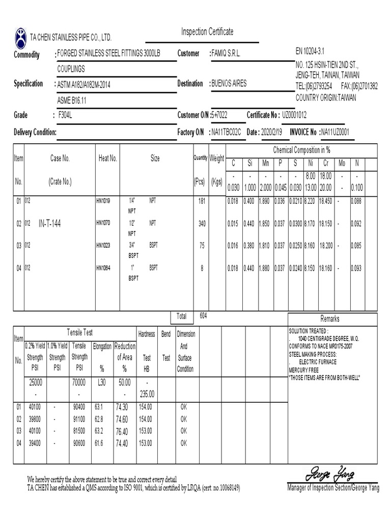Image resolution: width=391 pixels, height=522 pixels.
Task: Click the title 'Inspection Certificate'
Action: click(207, 32)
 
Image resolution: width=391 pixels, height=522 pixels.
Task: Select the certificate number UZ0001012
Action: click(294, 115)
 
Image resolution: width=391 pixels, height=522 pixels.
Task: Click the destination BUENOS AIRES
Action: click(229, 84)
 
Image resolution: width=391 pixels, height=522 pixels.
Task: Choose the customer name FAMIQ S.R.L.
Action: click(227, 54)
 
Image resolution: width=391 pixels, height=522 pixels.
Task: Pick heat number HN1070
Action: click(104, 223)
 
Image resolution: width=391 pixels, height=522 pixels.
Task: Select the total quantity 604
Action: click(203, 316)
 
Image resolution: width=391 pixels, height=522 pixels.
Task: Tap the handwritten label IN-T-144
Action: click(50, 224)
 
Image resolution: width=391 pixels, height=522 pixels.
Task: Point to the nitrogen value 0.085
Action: click(357, 246)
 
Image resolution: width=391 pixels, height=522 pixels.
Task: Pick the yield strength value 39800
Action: click(34, 419)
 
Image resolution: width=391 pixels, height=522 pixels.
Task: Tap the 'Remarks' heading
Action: click(329, 319)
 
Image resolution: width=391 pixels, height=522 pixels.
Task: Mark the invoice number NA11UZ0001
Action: click(334, 133)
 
